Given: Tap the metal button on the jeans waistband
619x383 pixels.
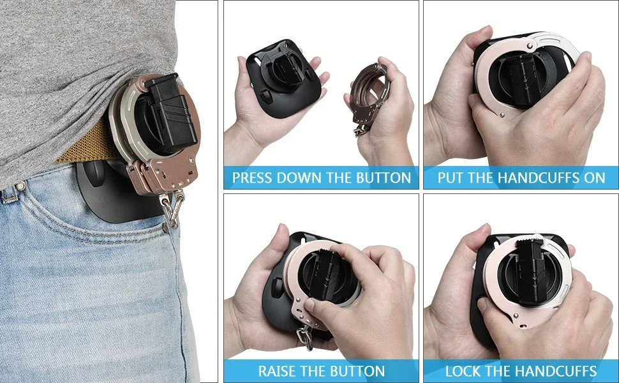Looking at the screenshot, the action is pos(19,185).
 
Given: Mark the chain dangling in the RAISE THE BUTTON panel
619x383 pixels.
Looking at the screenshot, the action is pos(304,337).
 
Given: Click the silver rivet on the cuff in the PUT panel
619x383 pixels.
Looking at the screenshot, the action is pos(502,115).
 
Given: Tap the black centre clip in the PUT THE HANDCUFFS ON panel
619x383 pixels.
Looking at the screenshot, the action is pos(522,79).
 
